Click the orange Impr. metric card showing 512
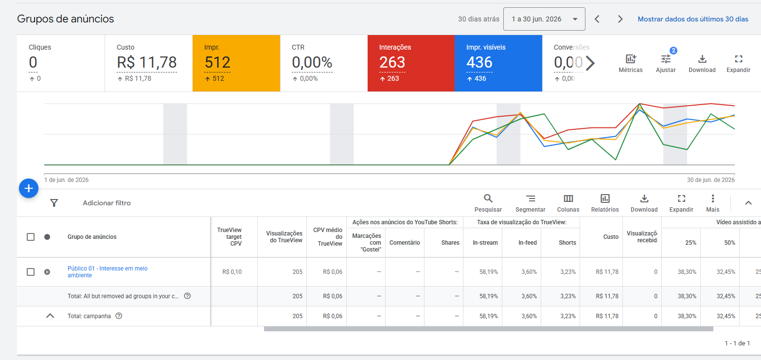[236, 63]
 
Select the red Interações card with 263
[411, 63]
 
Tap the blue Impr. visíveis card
[498, 63]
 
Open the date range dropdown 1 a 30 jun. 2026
[544, 19]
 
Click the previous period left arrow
[597, 19]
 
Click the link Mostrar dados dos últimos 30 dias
[693, 19]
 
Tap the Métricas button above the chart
[631, 64]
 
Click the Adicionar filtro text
[106, 203]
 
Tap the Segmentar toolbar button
[531, 203]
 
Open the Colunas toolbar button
[568, 203]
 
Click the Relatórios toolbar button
[605, 203]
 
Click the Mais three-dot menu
[713, 203]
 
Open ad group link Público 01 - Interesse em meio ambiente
[107, 271]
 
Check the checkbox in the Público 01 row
[31, 272]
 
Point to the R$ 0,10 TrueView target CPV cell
[232, 272]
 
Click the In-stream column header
[485, 243]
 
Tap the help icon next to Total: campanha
[119, 316]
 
